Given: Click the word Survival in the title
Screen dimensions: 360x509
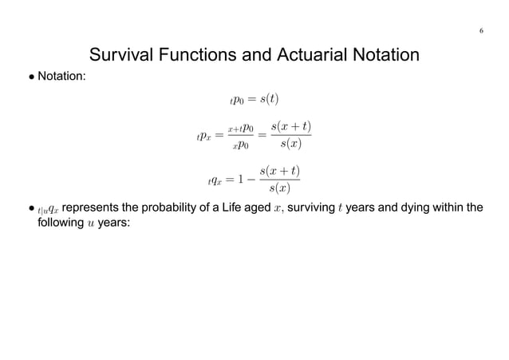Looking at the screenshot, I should click(124, 56).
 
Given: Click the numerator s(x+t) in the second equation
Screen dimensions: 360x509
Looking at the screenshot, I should click(290, 126).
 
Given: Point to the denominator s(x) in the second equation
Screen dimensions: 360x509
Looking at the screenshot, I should click(290, 144).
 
